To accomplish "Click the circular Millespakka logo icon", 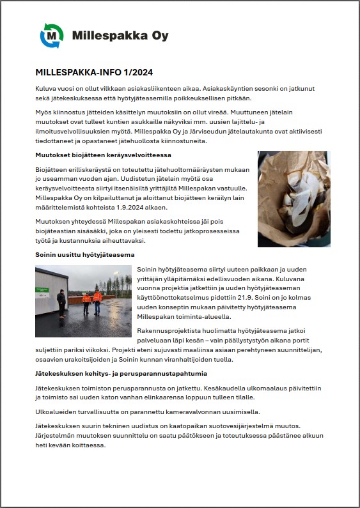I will point(52,35).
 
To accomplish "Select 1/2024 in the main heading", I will point(136,72).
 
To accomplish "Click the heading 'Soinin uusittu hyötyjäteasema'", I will point(84,255).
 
